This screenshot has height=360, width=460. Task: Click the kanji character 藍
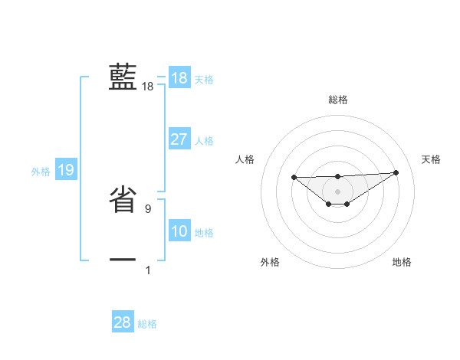point(123,77)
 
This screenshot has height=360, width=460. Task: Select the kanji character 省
point(123,201)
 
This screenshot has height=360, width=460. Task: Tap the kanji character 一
point(123,260)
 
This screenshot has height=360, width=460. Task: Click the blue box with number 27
point(179,139)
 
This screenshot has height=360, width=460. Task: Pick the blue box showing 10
point(179,231)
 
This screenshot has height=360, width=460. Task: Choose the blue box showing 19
point(66,170)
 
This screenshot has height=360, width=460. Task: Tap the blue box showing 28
point(123,322)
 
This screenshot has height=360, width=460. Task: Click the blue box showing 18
point(179,78)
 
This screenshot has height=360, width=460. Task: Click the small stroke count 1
point(148,270)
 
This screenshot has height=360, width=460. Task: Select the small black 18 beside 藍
point(148,87)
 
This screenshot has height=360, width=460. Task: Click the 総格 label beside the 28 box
point(147,324)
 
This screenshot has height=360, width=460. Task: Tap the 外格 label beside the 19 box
point(41,172)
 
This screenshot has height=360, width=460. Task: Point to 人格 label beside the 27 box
point(204,141)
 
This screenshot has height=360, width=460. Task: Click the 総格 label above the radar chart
point(337,100)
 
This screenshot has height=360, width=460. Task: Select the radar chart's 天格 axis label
point(431,159)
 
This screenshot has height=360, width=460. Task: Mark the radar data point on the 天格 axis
point(396,172)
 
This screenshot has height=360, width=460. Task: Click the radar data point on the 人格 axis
point(294,177)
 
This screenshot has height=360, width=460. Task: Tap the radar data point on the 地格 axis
point(347,204)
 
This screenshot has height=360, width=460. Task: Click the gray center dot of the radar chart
point(337,191)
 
